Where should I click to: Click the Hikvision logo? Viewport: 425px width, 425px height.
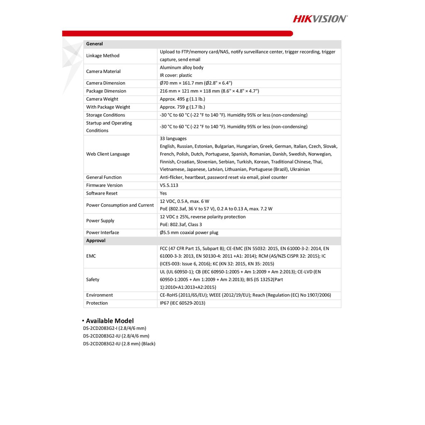click(320, 18)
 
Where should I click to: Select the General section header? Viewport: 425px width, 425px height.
click(95, 44)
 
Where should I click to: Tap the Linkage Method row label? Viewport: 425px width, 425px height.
click(103, 56)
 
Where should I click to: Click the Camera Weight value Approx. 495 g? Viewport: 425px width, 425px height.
click(182, 99)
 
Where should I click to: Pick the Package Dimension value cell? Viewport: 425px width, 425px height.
click(209, 91)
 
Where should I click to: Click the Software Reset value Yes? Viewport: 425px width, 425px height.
click(164, 193)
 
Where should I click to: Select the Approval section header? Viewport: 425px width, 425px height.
click(96, 241)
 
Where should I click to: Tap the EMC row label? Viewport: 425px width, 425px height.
click(91, 256)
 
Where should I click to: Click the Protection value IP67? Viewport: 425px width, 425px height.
click(182, 303)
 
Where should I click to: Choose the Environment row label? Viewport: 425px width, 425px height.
click(99, 296)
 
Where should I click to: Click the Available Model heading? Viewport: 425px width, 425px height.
click(110, 321)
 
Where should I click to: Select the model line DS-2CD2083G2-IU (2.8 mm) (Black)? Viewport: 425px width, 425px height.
click(119, 344)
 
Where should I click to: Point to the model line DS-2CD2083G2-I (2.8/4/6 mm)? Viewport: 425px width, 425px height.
click(115, 328)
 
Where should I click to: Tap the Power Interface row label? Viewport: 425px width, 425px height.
click(103, 233)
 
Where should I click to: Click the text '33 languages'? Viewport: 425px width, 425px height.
click(173, 139)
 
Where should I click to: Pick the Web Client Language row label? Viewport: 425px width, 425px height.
click(108, 154)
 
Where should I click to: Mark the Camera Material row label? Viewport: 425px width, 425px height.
click(103, 71)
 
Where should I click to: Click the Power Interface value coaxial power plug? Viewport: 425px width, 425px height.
click(189, 233)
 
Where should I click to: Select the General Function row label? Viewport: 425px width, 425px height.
click(104, 178)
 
